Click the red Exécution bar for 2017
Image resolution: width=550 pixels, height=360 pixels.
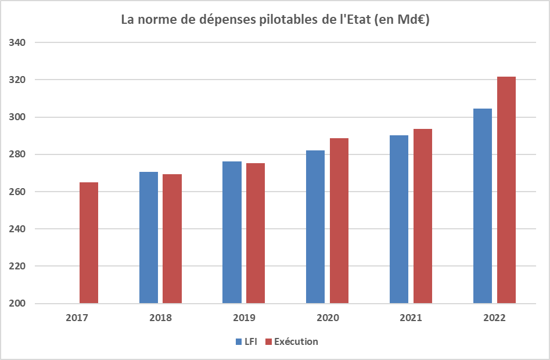[89, 243]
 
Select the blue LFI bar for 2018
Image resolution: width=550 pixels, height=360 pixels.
[149, 237]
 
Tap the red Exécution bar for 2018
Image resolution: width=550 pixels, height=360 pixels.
[172, 239]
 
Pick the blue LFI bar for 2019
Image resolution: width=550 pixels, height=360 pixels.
[232, 232]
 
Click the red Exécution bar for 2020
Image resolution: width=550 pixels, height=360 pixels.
[339, 221]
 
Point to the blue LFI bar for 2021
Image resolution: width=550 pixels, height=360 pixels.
[399, 219]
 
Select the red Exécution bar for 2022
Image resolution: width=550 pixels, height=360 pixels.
[506, 190]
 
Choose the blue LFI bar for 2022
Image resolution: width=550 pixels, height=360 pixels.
[483, 206]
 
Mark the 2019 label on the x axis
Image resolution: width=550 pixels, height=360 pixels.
[244, 318]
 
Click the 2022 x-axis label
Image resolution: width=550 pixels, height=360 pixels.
[494, 318]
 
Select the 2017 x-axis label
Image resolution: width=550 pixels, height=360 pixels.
[77, 318]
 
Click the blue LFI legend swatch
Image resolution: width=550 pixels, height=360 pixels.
[239, 342]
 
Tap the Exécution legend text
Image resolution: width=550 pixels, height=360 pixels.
[296, 342]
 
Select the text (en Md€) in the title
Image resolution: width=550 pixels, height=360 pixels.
[402, 20]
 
